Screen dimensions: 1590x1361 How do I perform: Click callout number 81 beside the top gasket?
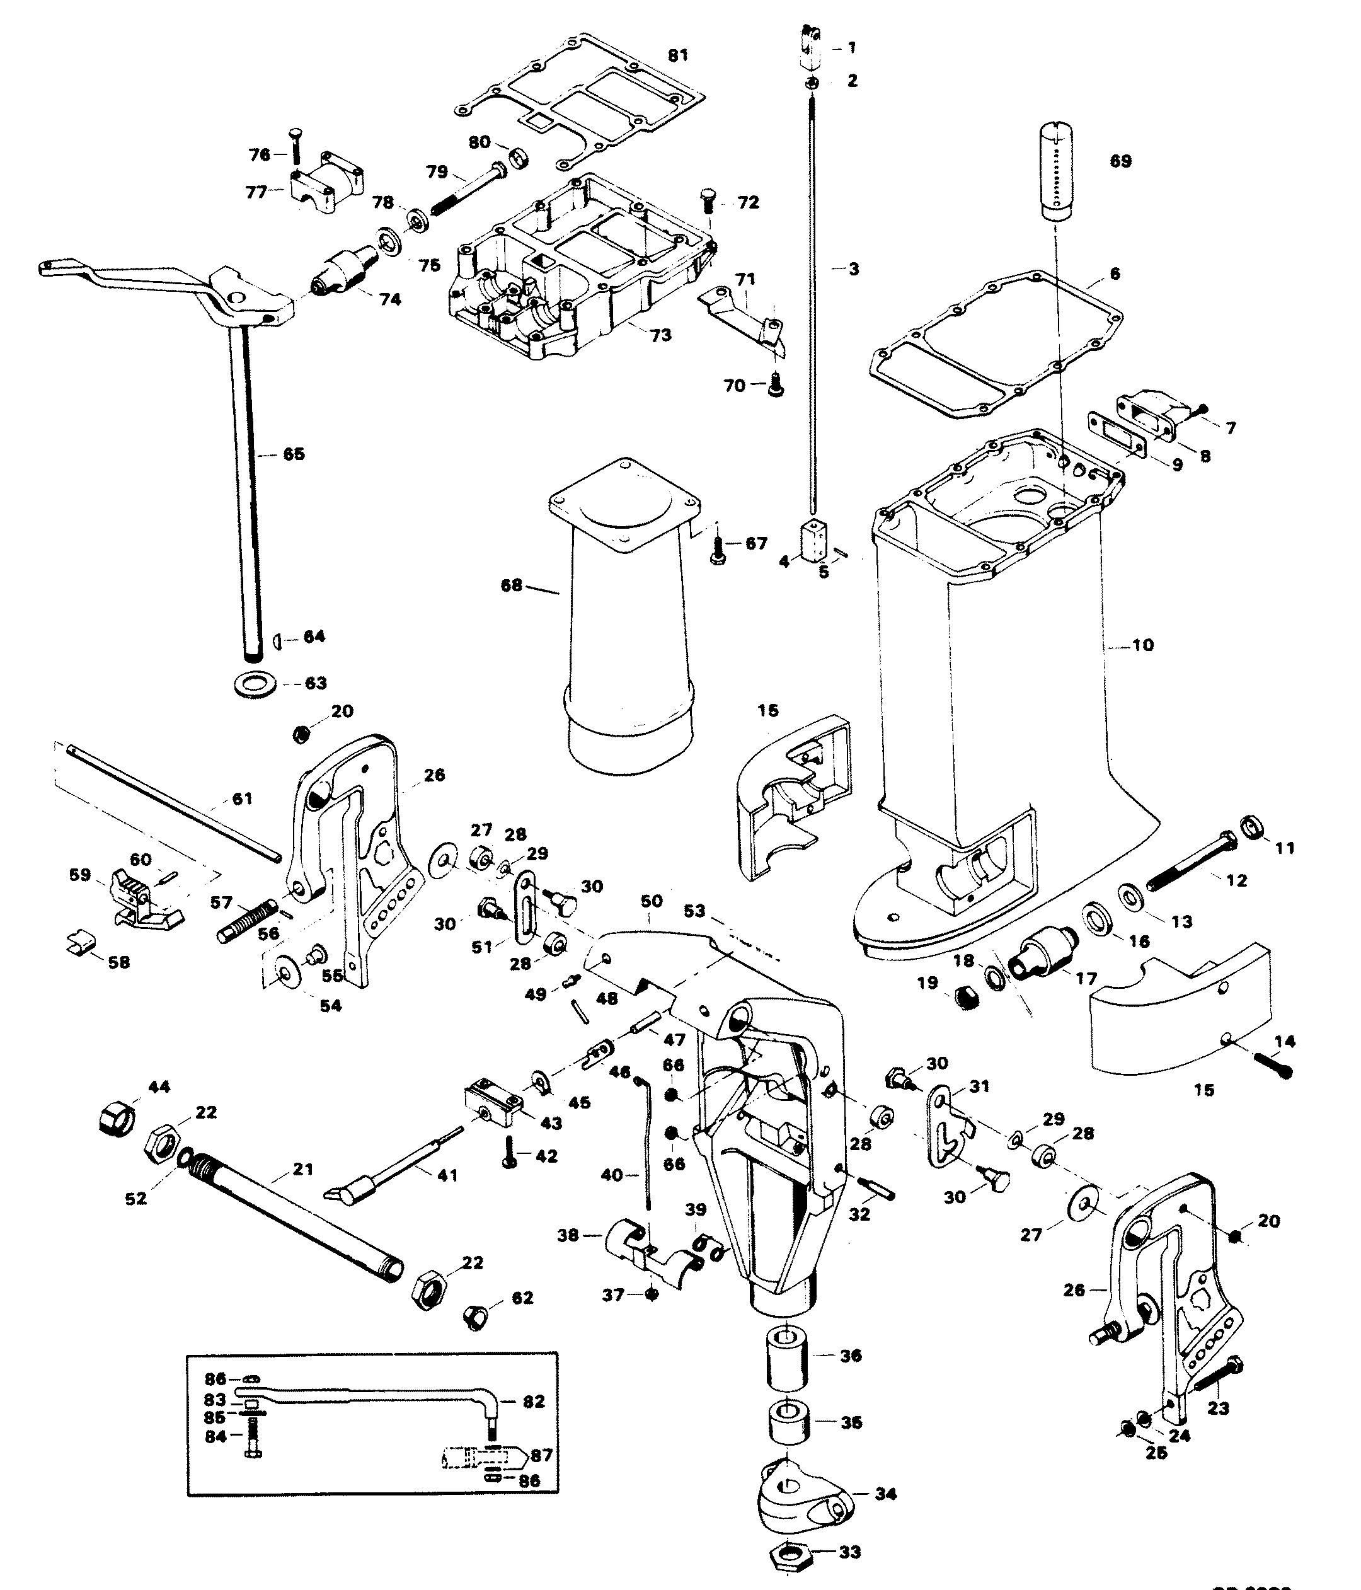[678, 55]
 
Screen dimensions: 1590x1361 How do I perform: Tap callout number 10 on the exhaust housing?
[1142, 645]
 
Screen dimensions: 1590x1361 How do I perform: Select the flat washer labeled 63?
[253, 683]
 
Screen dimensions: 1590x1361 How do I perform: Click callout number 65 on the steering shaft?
[294, 454]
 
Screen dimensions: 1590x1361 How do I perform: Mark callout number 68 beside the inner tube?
[511, 585]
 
